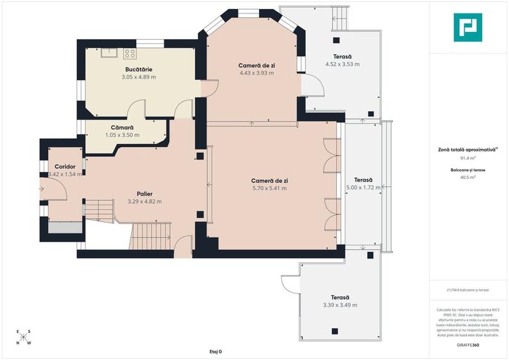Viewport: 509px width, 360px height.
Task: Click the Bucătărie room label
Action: [139, 69]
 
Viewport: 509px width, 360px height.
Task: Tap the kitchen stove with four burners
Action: [130, 54]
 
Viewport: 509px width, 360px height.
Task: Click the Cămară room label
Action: [121, 127]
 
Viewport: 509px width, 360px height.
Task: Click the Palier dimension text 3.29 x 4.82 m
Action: [145, 201]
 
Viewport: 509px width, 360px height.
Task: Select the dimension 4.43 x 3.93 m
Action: [256, 73]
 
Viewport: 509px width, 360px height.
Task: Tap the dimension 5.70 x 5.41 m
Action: [269, 188]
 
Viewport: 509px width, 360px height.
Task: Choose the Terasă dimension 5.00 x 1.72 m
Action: [363, 188]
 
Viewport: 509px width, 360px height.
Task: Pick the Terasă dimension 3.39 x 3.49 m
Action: [340, 305]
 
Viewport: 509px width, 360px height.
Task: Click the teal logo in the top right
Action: [468, 27]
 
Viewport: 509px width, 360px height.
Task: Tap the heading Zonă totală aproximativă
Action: [467, 149]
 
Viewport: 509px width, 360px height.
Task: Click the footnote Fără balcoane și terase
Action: [468, 290]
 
